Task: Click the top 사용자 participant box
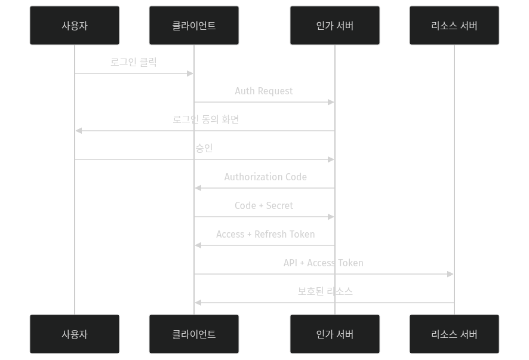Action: click(x=75, y=26)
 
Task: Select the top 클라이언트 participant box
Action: click(x=194, y=26)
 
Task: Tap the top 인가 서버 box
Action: click(x=335, y=26)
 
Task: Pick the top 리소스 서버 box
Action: click(x=454, y=26)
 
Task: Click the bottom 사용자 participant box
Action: click(x=75, y=334)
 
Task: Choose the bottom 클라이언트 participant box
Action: click(x=194, y=334)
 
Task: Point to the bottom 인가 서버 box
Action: click(x=335, y=334)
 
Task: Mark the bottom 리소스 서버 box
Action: click(x=454, y=334)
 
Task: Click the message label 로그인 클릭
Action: click(x=134, y=62)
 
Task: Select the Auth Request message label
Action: click(x=264, y=91)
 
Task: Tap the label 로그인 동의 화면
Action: click(x=205, y=119)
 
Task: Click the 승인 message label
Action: click(x=204, y=148)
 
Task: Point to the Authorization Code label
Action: click(x=265, y=177)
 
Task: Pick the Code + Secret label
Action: click(x=264, y=205)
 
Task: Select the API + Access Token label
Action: click(x=323, y=263)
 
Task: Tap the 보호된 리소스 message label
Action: click(x=325, y=291)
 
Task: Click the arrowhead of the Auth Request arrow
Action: click(x=331, y=102)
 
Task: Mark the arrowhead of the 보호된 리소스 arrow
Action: click(x=198, y=303)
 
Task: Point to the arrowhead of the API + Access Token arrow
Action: click(x=451, y=274)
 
